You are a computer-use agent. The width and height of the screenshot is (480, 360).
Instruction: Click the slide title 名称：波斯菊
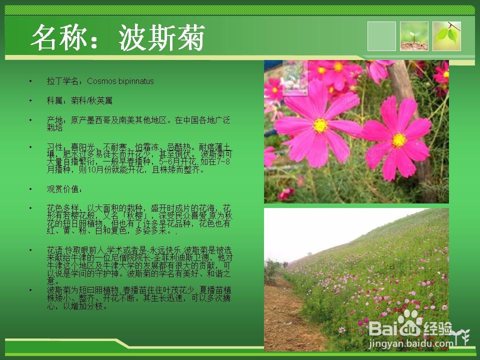pyautogui.click(x=118, y=38)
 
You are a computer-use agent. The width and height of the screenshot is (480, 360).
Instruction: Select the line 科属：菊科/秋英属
pyautogui.click(x=79, y=100)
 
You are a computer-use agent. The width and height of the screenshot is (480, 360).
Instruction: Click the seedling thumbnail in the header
pyautogui.click(x=414, y=36)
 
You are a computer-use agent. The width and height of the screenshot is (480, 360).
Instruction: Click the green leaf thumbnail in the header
pyautogui.click(x=446, y=36)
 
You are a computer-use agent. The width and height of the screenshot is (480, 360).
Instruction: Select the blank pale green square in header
pyautogui.click(x=381, y=36)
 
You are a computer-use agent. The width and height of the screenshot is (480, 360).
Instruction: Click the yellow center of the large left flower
pyautogui.click(x=320, y=125)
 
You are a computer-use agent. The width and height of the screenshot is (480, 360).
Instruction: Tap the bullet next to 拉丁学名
pyautogui.click(x=30, y=81)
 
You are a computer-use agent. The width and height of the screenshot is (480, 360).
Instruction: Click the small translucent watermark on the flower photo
pyautogui.click(x=295, y=77)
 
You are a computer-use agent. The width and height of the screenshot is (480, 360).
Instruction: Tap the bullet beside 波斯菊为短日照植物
pyautogui.click(x=30, y=290)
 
